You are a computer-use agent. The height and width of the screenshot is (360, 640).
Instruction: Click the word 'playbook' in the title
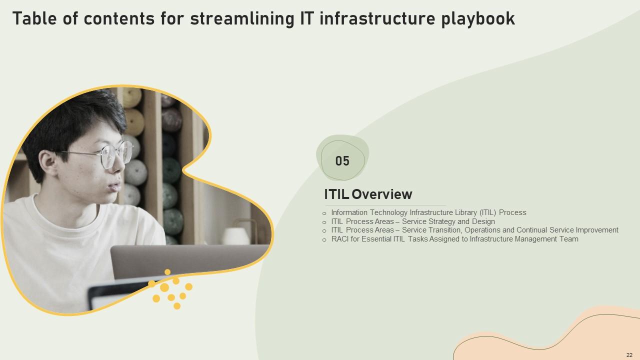(x=478, y=19)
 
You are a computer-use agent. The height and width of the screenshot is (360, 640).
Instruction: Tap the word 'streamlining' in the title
(x=242, y=19)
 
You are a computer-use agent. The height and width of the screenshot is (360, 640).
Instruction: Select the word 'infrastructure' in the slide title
(x=377, y=18)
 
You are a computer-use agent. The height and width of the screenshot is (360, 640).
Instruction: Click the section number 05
(x=342, y=161)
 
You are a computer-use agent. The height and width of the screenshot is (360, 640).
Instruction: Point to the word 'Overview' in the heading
(x=382, y=194)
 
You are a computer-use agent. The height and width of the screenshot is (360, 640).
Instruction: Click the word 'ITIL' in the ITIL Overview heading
(x=336, y=194)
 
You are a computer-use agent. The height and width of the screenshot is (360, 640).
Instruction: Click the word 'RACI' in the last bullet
(x=340, y=239)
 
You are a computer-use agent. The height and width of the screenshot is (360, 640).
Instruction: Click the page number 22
(x=629, y=355)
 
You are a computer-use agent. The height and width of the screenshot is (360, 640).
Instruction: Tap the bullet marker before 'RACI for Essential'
(x=324, y=240)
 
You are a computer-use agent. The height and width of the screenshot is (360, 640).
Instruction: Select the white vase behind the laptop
(x=236, y=236)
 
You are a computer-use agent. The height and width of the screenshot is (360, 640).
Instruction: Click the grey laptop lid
(x=188, y=261)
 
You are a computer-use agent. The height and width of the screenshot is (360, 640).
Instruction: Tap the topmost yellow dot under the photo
(x=167, y=272)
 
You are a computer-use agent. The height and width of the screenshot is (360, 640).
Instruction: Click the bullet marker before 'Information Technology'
(x=324, y=213)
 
